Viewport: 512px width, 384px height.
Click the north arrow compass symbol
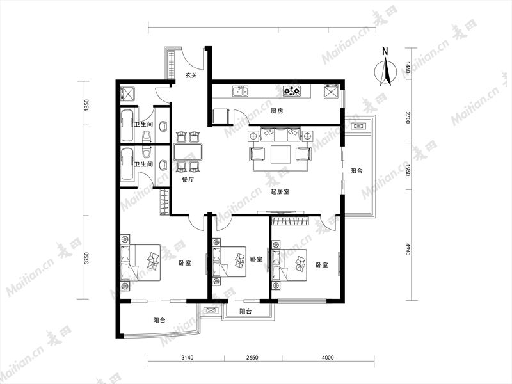pos(386,70)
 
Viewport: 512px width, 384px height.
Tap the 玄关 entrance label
pos(191,75)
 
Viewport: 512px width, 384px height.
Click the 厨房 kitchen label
pos(277,111)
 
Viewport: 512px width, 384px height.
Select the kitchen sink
pos(240,91)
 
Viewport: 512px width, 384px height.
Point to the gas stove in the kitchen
pos(291,91)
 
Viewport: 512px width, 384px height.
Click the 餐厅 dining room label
pos(188,179)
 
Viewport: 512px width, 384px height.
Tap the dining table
pos(188,152)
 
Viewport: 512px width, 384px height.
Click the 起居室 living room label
pos(280,191)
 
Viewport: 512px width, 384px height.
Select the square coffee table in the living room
pos(281,154)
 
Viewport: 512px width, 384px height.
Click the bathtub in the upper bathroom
pos(127,125)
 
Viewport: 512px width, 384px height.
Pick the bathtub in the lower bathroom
pos(127,164)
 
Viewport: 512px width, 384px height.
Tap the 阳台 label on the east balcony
pos(356,171)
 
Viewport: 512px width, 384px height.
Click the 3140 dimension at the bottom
pos(188,358)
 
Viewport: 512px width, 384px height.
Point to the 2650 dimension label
pos(252,358)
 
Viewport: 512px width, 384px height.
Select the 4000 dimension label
pos(328,358)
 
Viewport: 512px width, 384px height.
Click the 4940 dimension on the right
pos(407,249)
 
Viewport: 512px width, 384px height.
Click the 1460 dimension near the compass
pos(407,70)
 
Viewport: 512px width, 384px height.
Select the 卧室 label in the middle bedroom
pos(257,259)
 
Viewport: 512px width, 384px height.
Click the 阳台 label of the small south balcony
pos(246,312)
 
